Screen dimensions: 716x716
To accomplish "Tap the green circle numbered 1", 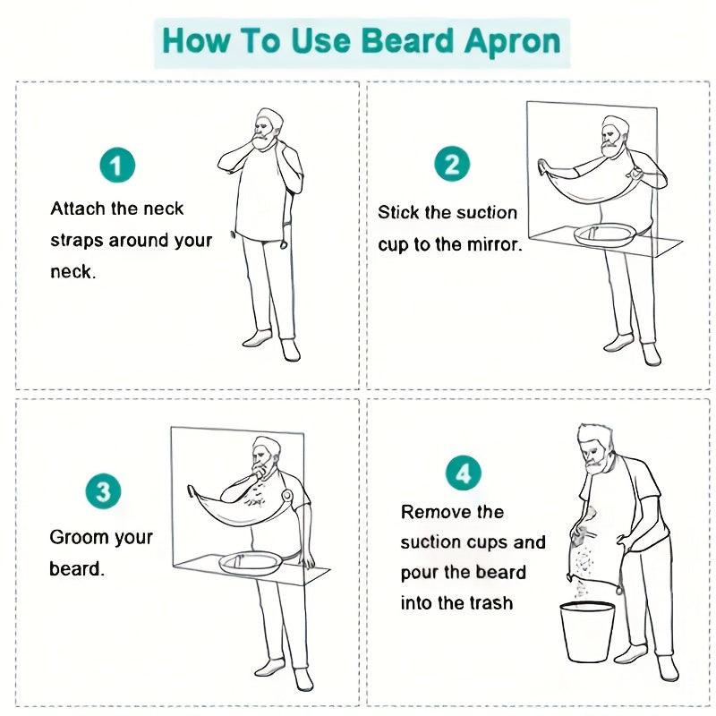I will pyautogui.click(x=117, y=166).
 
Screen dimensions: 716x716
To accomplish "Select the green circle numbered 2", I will pyautogui.click(x=452, y=165).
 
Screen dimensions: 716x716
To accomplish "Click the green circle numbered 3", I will pyautogui.click(x=103, y=491).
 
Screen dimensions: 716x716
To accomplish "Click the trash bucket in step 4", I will pyautogui.click(x=588, y=630).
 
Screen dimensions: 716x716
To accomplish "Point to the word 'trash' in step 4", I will pyautogui.click(x=490, y=603).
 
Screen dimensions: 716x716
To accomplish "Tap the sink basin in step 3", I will pyautogui.click(x=251, y=563).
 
